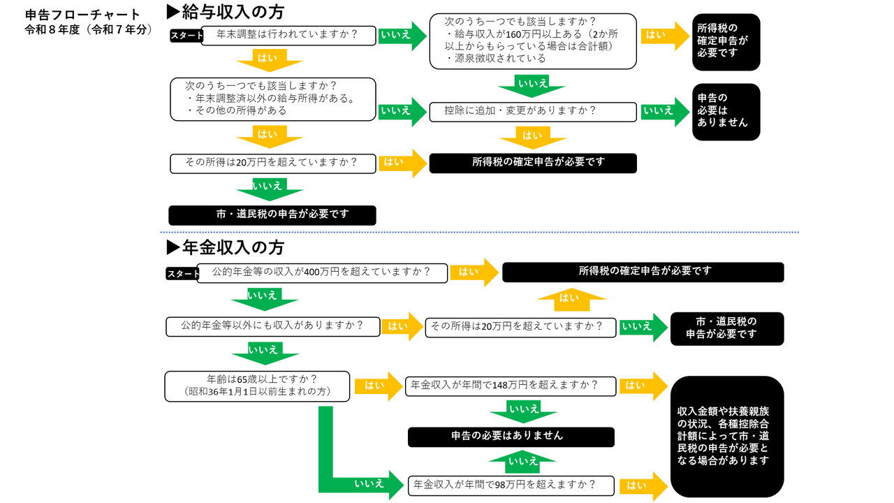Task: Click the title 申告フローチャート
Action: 82,15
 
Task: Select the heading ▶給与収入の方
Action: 225,12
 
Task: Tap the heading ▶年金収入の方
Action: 225,247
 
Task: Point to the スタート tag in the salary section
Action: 186,36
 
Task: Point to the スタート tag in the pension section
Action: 183,274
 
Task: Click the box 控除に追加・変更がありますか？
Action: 532,112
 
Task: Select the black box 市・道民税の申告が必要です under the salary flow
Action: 272,215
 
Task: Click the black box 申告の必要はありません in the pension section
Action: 511,437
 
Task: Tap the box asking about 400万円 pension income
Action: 322,272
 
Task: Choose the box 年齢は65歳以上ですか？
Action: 258,386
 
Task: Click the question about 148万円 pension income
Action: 511,386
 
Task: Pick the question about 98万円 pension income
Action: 511,485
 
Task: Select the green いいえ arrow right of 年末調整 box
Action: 402,35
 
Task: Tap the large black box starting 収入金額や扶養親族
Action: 726,436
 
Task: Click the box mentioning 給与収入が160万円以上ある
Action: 532,42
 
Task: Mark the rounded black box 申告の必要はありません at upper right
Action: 726,112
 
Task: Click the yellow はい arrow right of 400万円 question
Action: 474,272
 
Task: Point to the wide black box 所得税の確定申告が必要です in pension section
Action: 643,272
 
